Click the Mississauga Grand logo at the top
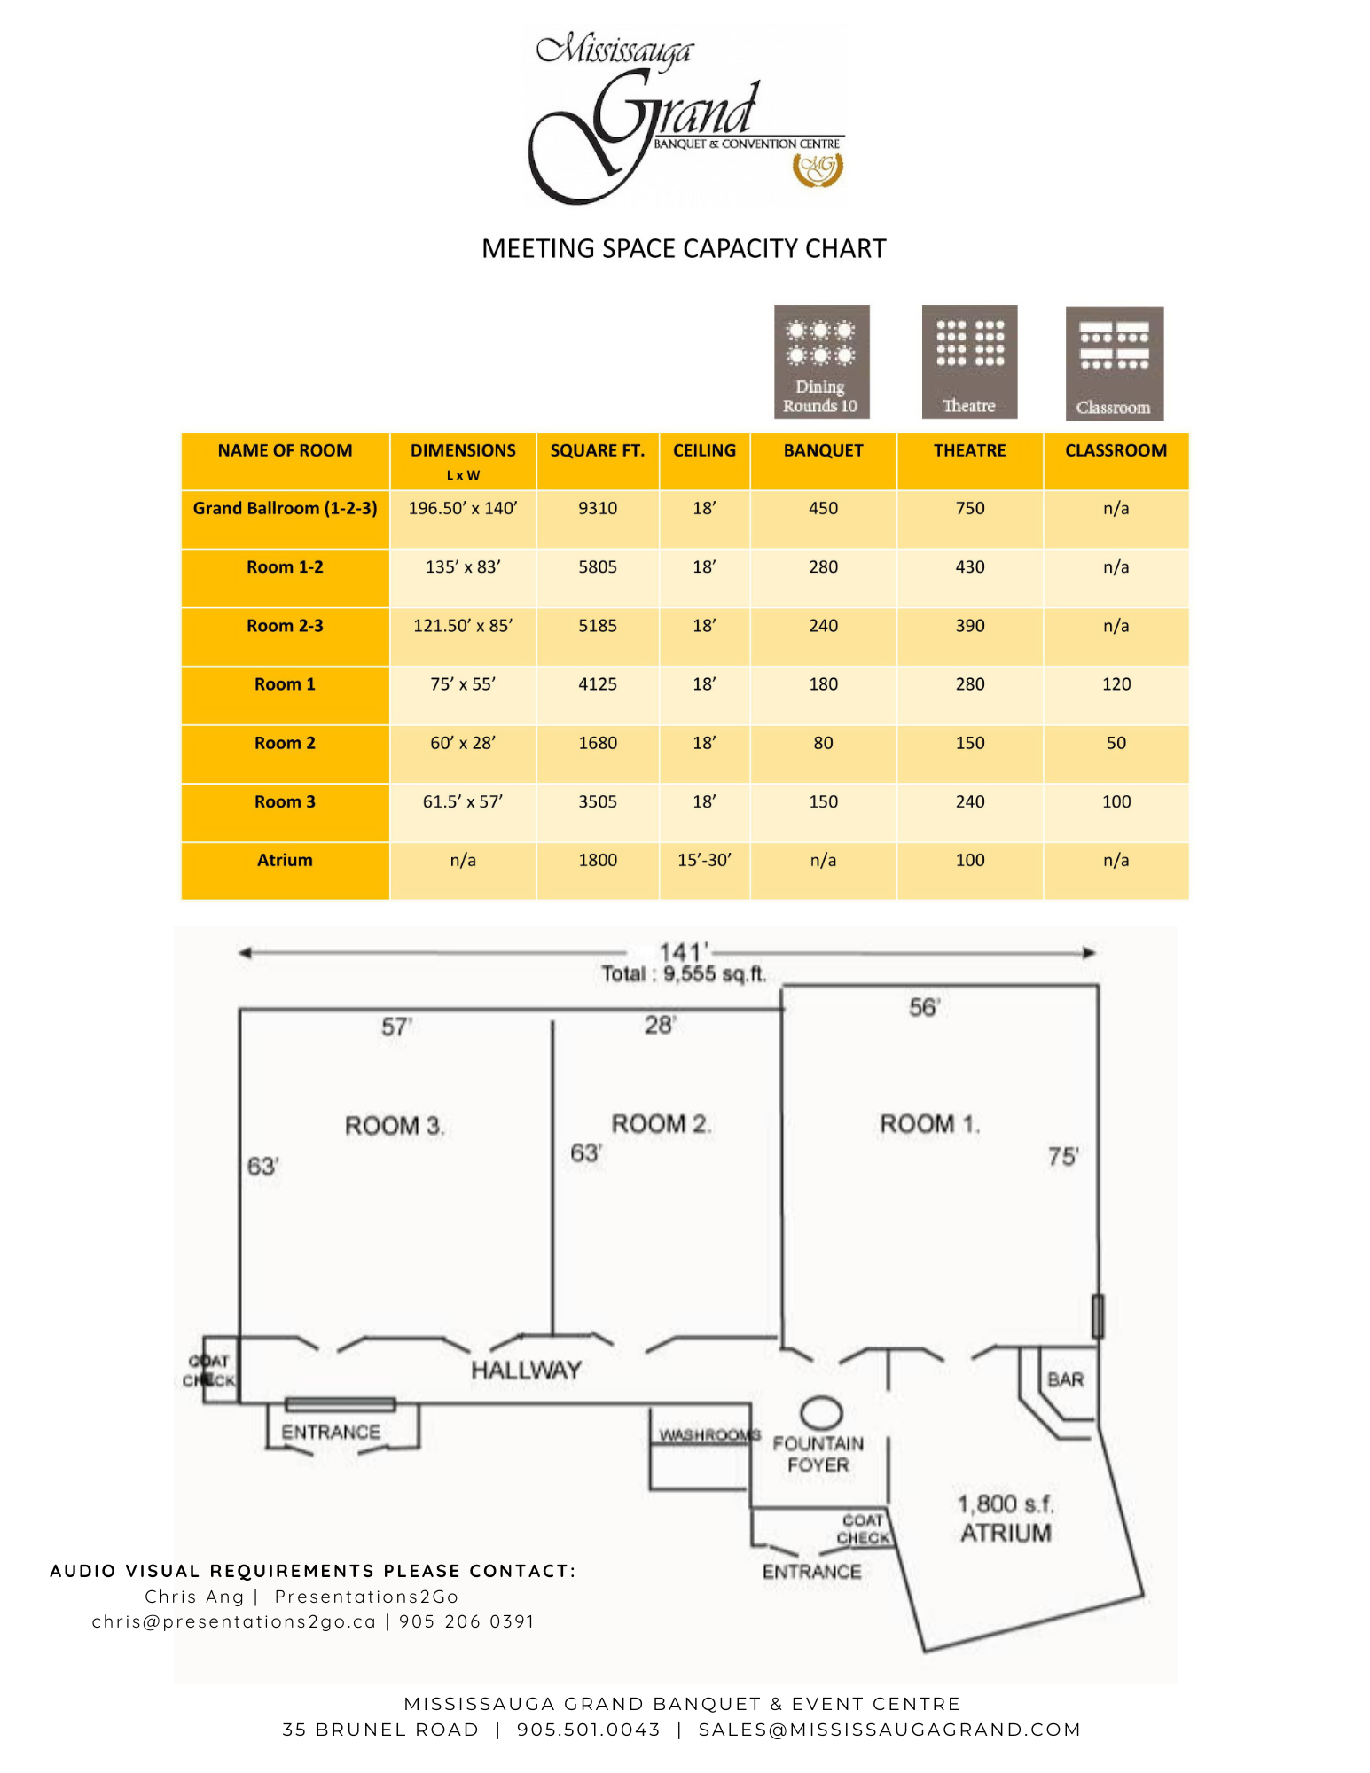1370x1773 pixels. (685, 117)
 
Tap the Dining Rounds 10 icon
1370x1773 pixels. (821, 362)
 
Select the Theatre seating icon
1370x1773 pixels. (969, 362)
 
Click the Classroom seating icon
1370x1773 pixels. (1114, 363)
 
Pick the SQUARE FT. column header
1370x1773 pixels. (598, 450)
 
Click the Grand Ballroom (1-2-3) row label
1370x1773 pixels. (285, 509)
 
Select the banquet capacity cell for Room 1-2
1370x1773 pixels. (823, 567)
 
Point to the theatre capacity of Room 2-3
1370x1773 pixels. (969, 626)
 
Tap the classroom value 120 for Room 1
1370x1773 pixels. (1116, 684)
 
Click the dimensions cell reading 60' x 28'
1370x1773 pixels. (463, 743)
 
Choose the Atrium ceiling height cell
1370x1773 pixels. (704, 860)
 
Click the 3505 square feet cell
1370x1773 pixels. (598, 801)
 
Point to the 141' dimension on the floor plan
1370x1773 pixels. (683, 952)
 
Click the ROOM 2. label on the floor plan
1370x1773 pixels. (661, 1124)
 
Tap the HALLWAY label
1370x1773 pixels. (526, 1371)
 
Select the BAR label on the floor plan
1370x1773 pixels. (1065, 1380)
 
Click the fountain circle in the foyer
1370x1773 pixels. (821, 1412)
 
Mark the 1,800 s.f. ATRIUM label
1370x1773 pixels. (1006, 1519)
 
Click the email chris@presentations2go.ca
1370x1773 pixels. (234, 1621)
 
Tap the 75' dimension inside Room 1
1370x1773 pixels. (1063, 1157)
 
